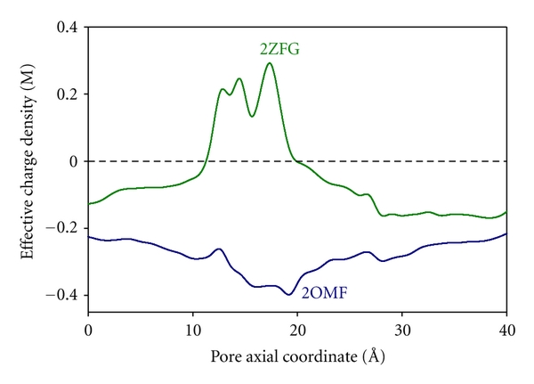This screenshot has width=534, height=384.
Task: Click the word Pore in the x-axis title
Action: pos(226,358)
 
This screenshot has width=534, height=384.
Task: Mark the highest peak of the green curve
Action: pos(270,63)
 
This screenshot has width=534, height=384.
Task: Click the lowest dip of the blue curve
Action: pos(289,294)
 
